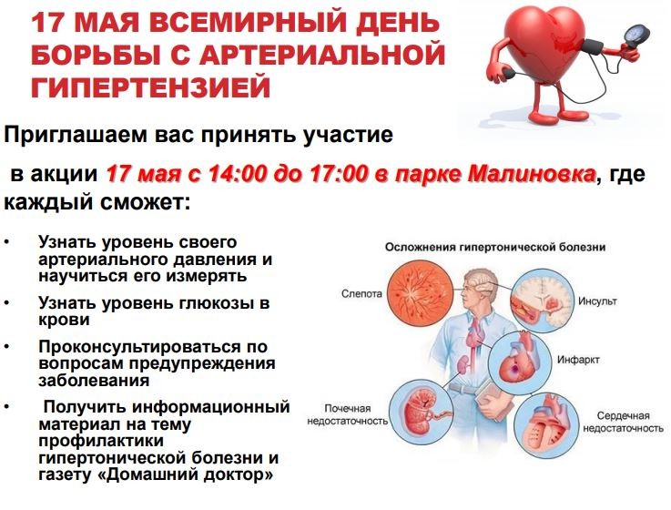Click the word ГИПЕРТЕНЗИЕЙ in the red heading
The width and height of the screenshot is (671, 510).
point(150,87)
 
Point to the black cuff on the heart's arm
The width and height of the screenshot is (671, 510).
point(593,46)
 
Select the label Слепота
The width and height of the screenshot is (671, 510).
point(361,294)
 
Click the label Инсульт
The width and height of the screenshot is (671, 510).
point(597,301)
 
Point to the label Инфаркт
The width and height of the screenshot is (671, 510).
point(578,360)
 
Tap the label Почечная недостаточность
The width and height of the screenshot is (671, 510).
point(348,414)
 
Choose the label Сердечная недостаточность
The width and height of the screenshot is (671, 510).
point(623,422)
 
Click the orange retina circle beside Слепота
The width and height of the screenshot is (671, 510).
point(421,292)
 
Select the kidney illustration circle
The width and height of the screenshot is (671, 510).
point(422,411)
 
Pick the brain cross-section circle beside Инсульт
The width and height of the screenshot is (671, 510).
point(543,301)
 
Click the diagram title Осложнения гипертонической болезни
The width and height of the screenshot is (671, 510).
point(495,248)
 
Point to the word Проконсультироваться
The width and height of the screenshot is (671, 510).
point(152,346)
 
